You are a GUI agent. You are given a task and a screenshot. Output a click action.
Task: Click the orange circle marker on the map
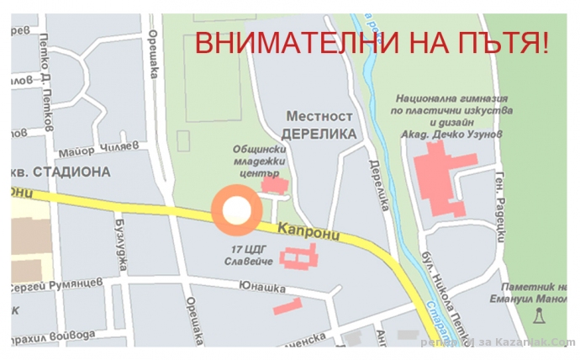(x=236, y=210)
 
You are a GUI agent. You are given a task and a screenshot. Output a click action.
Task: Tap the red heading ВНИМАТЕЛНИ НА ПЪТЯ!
(x=371, y=43)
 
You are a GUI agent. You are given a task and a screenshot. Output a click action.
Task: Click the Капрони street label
(x=310, y=231)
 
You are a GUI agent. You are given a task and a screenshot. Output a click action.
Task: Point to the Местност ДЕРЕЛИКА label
(x=320, y=124)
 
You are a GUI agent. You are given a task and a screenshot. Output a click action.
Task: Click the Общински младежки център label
(x=261, y=161)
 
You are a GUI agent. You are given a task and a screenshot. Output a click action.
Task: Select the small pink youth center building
(x=272, y=183)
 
